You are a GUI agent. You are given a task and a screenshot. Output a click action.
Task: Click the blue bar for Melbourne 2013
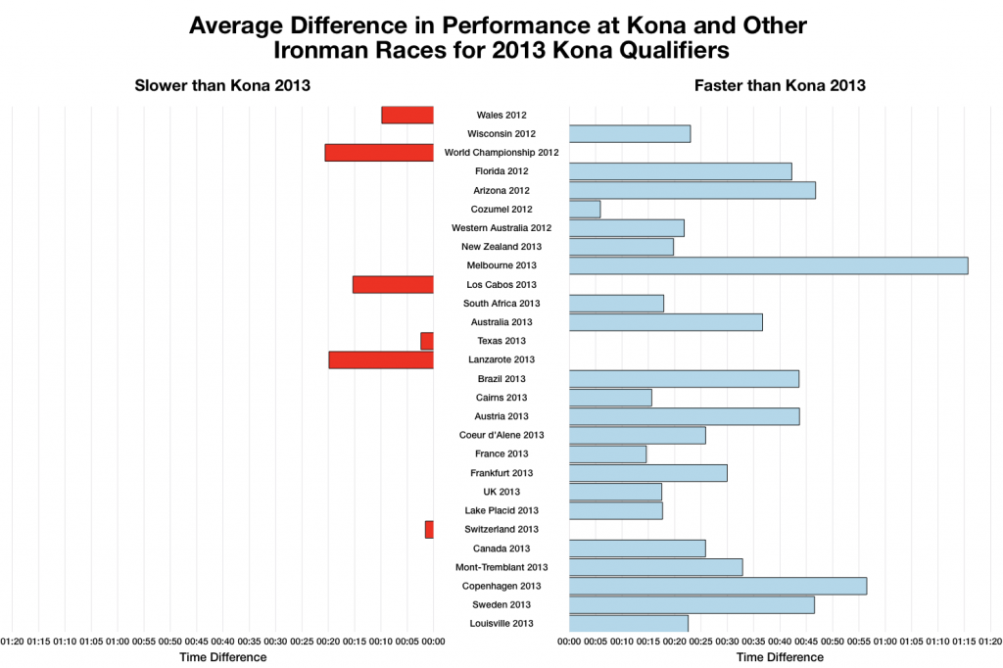click(768, 265)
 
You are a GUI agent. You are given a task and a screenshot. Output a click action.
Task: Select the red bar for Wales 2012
click(407, 115)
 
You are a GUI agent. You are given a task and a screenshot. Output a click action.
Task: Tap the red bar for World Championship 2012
click(379, 153)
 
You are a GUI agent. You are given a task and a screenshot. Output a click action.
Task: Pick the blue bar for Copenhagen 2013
click(717, 586)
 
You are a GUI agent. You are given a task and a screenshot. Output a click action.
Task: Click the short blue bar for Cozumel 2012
click(585, 209)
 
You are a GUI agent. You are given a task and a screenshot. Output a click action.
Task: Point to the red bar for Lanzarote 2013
click(381, 359)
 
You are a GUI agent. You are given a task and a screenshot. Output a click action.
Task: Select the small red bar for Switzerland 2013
click(429, 529)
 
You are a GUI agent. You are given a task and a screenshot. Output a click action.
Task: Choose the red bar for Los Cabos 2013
click(393, 284)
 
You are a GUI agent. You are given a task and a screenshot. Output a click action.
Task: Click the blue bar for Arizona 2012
click(692, 190)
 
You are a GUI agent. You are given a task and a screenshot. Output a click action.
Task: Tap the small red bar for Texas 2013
click(427, 341)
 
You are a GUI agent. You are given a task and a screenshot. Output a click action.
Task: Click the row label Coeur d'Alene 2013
click(501, 435)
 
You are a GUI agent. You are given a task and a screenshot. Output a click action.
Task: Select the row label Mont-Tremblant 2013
click(501, 567)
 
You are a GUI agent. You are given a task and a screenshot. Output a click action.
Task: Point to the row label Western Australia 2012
click(501, 228)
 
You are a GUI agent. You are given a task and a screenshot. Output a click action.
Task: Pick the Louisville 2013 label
click(501, 624)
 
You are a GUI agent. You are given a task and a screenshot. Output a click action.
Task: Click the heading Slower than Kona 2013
click(222, 85)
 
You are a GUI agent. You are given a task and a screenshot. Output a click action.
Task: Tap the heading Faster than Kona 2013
click(780, 85)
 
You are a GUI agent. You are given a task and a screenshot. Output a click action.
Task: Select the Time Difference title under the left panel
click(222, 657)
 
